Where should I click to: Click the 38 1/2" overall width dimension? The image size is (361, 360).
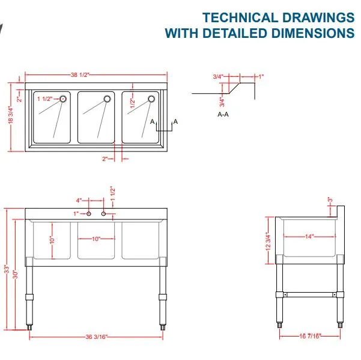pos(80,75)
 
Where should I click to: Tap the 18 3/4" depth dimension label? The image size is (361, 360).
pos(11,115)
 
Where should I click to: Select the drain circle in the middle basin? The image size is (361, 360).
pos(107,99)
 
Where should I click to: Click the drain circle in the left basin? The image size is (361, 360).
pos(63,99)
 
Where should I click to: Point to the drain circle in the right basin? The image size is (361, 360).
pos(151,99)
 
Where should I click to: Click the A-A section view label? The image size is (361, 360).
pos(223,114)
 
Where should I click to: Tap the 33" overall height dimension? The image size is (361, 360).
pos(7,269)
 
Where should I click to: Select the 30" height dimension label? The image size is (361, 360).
pos(15,274)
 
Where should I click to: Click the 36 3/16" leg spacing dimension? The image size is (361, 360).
pos(97,337)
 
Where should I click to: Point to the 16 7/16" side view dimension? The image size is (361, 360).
pos(310,336)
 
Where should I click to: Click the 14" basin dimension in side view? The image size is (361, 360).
pos(309,237)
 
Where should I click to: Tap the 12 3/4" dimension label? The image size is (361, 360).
pos(268,241)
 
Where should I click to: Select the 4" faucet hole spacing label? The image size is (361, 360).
pos(79,200)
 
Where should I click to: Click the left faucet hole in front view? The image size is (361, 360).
pos(89,214)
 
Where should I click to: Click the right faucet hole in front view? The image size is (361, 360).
pos(103,214)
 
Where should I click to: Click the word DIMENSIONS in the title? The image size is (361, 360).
pos(313,33)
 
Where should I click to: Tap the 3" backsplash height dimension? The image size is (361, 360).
pos(330,200)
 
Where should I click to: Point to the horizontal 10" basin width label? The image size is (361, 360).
pos(96,239)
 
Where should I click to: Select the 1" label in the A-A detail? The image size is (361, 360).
pos(261,76)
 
